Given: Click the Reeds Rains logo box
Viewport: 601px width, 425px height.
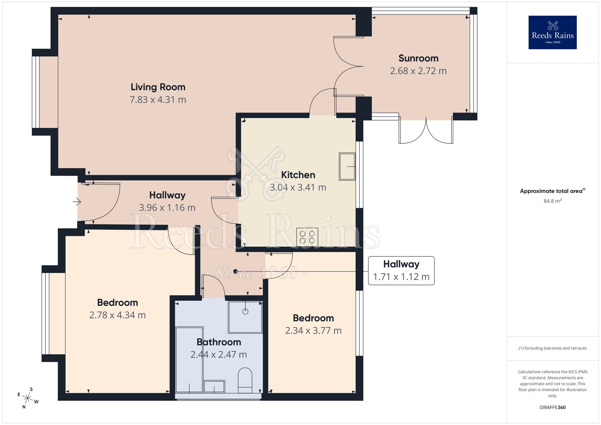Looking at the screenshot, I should (552, 32).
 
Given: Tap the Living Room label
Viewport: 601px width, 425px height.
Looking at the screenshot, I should (158, 87).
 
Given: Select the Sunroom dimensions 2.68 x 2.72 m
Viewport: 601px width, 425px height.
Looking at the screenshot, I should (418, 71).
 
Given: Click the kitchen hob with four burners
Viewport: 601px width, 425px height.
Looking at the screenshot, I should (307, 237).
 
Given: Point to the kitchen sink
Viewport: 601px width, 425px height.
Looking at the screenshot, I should (347, 167).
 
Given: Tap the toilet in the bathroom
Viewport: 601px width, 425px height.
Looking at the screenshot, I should (245, 380).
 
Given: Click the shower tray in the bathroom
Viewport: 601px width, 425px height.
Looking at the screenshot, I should (245, 317).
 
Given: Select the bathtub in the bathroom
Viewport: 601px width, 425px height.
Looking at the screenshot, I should (189, 359).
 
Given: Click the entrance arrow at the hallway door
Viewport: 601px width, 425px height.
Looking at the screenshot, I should (77, 202).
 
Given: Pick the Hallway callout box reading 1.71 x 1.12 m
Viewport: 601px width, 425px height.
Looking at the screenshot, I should (401, 271).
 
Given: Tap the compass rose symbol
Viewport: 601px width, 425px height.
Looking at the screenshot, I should (28, 399).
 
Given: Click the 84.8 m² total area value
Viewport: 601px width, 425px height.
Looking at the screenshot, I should (552, 201).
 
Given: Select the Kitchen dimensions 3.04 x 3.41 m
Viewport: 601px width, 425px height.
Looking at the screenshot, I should (298, 188).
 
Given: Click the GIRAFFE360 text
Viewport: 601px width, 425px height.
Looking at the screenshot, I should (552, 408).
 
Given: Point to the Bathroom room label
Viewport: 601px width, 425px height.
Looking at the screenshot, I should (219, 342).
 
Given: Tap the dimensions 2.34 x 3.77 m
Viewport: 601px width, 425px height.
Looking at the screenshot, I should (313, 331).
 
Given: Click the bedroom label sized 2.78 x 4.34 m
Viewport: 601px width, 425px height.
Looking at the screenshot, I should (117, 303).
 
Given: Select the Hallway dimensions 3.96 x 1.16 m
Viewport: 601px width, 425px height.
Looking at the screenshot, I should (167, 208).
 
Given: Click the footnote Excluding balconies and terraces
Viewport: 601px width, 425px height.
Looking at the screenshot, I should (552, 348).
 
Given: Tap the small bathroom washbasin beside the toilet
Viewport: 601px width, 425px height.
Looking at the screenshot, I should (214, 387).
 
